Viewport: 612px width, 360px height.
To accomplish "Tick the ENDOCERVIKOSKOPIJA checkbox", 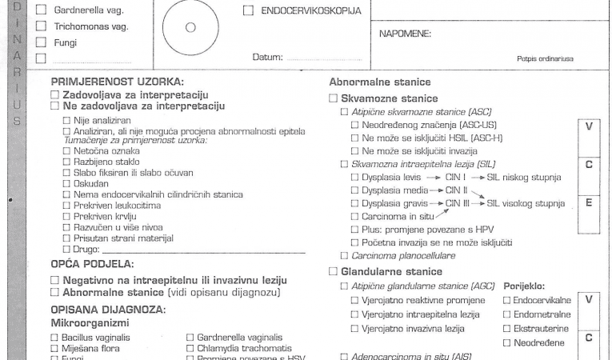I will point(248,11).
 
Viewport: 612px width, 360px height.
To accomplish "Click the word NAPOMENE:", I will point(405,34).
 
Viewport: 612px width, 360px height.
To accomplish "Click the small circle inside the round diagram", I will point(190,26).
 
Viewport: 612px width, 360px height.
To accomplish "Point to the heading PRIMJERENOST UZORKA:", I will point(117,82).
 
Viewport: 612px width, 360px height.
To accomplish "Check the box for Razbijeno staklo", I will point(66,161).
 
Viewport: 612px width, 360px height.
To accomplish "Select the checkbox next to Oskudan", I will point(66,183).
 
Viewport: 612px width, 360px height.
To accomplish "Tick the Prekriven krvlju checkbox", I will point(66,216).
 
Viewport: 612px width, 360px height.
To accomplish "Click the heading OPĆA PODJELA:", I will point(92,263).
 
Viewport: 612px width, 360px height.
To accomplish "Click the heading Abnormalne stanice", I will point(379,82).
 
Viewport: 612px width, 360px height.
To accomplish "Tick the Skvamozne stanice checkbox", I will point(334,98).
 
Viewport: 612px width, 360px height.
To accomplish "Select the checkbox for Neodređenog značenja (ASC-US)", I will point(355,126).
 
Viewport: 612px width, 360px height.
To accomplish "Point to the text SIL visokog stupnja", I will point(526,203).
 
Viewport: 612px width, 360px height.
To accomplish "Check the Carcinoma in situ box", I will point(355,216).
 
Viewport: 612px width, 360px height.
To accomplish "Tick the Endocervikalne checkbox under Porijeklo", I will point(506,300).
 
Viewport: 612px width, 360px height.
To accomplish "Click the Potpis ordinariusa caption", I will point(546,58).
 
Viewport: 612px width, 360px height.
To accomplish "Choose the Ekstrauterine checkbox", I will point(506,329).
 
